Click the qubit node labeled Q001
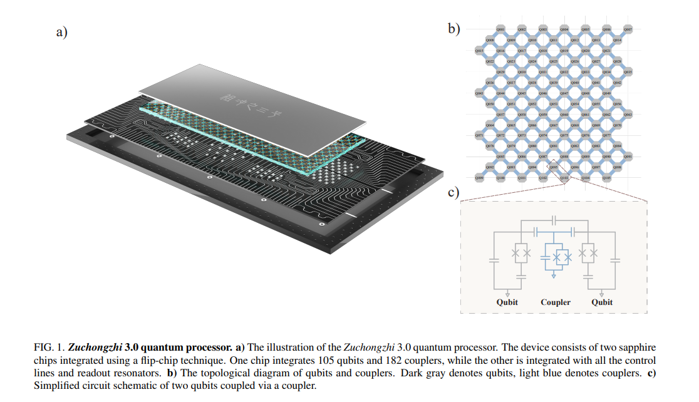point(500,29)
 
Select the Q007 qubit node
point(628,29)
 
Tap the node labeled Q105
point(607,178)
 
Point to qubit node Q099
point(479,178)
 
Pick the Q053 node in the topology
point(554,103)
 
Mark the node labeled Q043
point(479,93)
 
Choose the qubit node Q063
point(628,114)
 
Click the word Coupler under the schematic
point(556,302)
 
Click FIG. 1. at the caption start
point(49,347)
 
